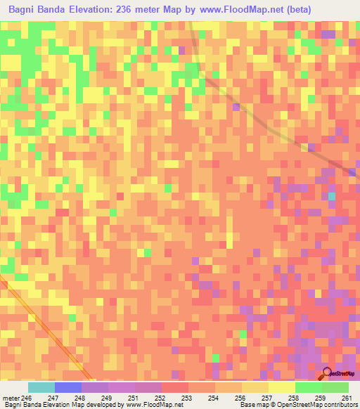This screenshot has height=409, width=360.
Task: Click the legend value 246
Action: pyautogui.click(x=27, y=397)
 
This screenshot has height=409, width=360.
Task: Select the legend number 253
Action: pyautogui.click(x=188, y=397)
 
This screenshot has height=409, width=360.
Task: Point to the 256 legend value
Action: pyautogui.click(x=241, y=397)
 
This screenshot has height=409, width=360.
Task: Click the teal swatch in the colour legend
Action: pyautogui.click(x=41, y=387)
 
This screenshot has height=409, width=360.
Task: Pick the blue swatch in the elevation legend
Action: pyautogui.click(x=67, y=387)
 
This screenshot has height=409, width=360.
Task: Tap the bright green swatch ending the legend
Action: pyautogui.click(x=335, y=387)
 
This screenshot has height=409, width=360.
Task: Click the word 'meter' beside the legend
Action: pyautogui.click(x=11, y=397)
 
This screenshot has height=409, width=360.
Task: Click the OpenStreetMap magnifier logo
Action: pyautogui.click(x=327, y=373)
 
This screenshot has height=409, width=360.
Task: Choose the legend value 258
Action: pyautogui.click(x=295, y=397)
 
